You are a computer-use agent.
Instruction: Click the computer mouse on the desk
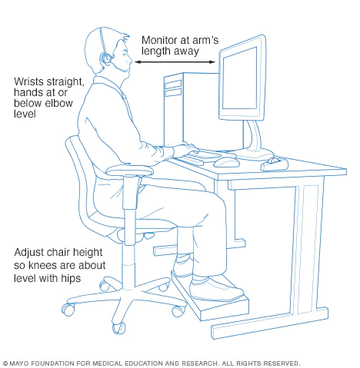[x=225, y=161]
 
